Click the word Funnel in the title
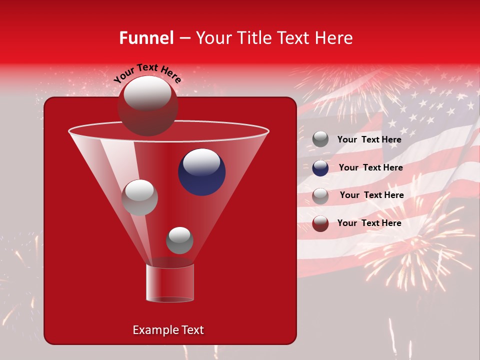tap(146, 38)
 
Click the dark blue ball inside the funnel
tap(202, 172)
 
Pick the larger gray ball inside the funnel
tap(139, 197)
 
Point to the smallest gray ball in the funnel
tap(179, 240)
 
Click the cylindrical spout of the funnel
tap(170, 283)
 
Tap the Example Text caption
tap(168, 330)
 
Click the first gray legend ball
tap(320, 139)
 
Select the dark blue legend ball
tap(320, 168)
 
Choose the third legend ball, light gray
tap(320, 196)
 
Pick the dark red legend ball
tap(320, 223)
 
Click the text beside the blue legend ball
tap(370, 167)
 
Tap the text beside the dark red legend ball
tap(369, 223)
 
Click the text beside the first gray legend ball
tap(369, 139)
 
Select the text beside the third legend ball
tap(371, 195)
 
